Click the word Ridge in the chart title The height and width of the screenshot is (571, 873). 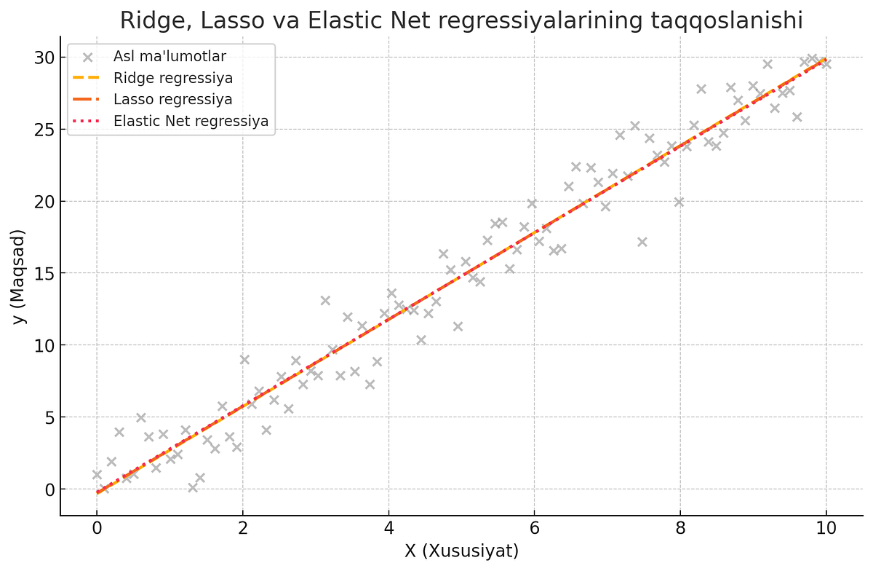pyautogui.click(x=148, y=20)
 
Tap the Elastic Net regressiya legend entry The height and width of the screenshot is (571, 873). pyautogui.click(x=191, y=121)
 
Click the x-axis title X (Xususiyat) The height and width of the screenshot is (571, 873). pyautogui.click(x=461, y=551)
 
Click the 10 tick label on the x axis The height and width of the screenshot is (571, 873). pyautogui.click(x=826, y=529)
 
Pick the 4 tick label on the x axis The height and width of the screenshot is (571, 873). pyautogui.click(x=388, y=529)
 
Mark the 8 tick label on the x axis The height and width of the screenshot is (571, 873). pyautogui.click(x=680, y=529)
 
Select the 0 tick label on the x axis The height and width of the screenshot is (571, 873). pyautogui.click(x=97, y=529)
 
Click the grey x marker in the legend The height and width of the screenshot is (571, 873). pyautogui.click(x=88, y=57)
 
